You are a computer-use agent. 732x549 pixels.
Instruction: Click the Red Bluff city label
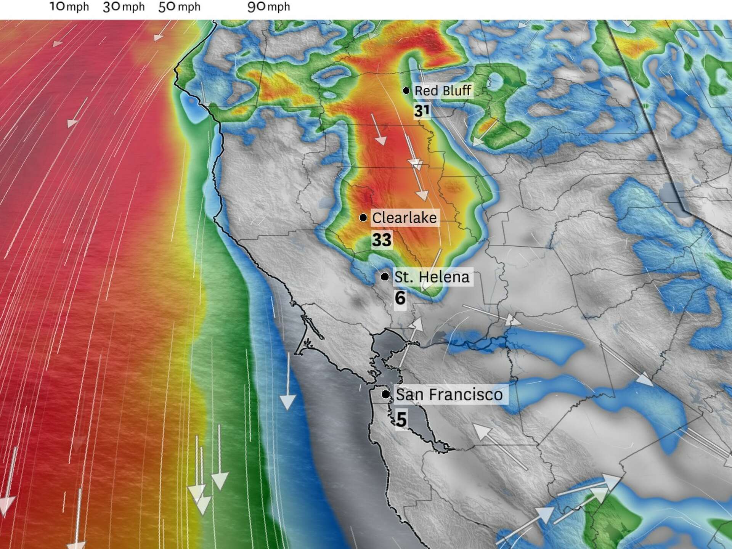443,91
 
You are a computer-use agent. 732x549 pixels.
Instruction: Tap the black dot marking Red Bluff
406,91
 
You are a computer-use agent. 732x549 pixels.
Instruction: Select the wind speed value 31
422,111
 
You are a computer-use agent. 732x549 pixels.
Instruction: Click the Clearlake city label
404,218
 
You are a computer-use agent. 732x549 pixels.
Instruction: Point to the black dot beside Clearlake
363,218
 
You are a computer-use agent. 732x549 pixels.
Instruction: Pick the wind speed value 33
382,240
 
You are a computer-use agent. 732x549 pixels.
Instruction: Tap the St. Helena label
432,277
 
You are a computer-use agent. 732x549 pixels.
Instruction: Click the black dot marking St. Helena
385,277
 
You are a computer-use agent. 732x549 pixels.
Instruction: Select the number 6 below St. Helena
400,298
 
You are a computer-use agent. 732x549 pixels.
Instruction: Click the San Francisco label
449,395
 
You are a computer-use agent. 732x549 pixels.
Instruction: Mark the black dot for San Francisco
386,394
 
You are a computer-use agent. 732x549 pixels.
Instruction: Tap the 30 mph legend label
124,7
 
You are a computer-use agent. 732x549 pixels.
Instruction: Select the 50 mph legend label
179,7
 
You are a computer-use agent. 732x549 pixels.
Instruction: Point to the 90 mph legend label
269,7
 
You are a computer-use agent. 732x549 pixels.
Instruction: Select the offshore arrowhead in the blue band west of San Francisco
288,402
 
